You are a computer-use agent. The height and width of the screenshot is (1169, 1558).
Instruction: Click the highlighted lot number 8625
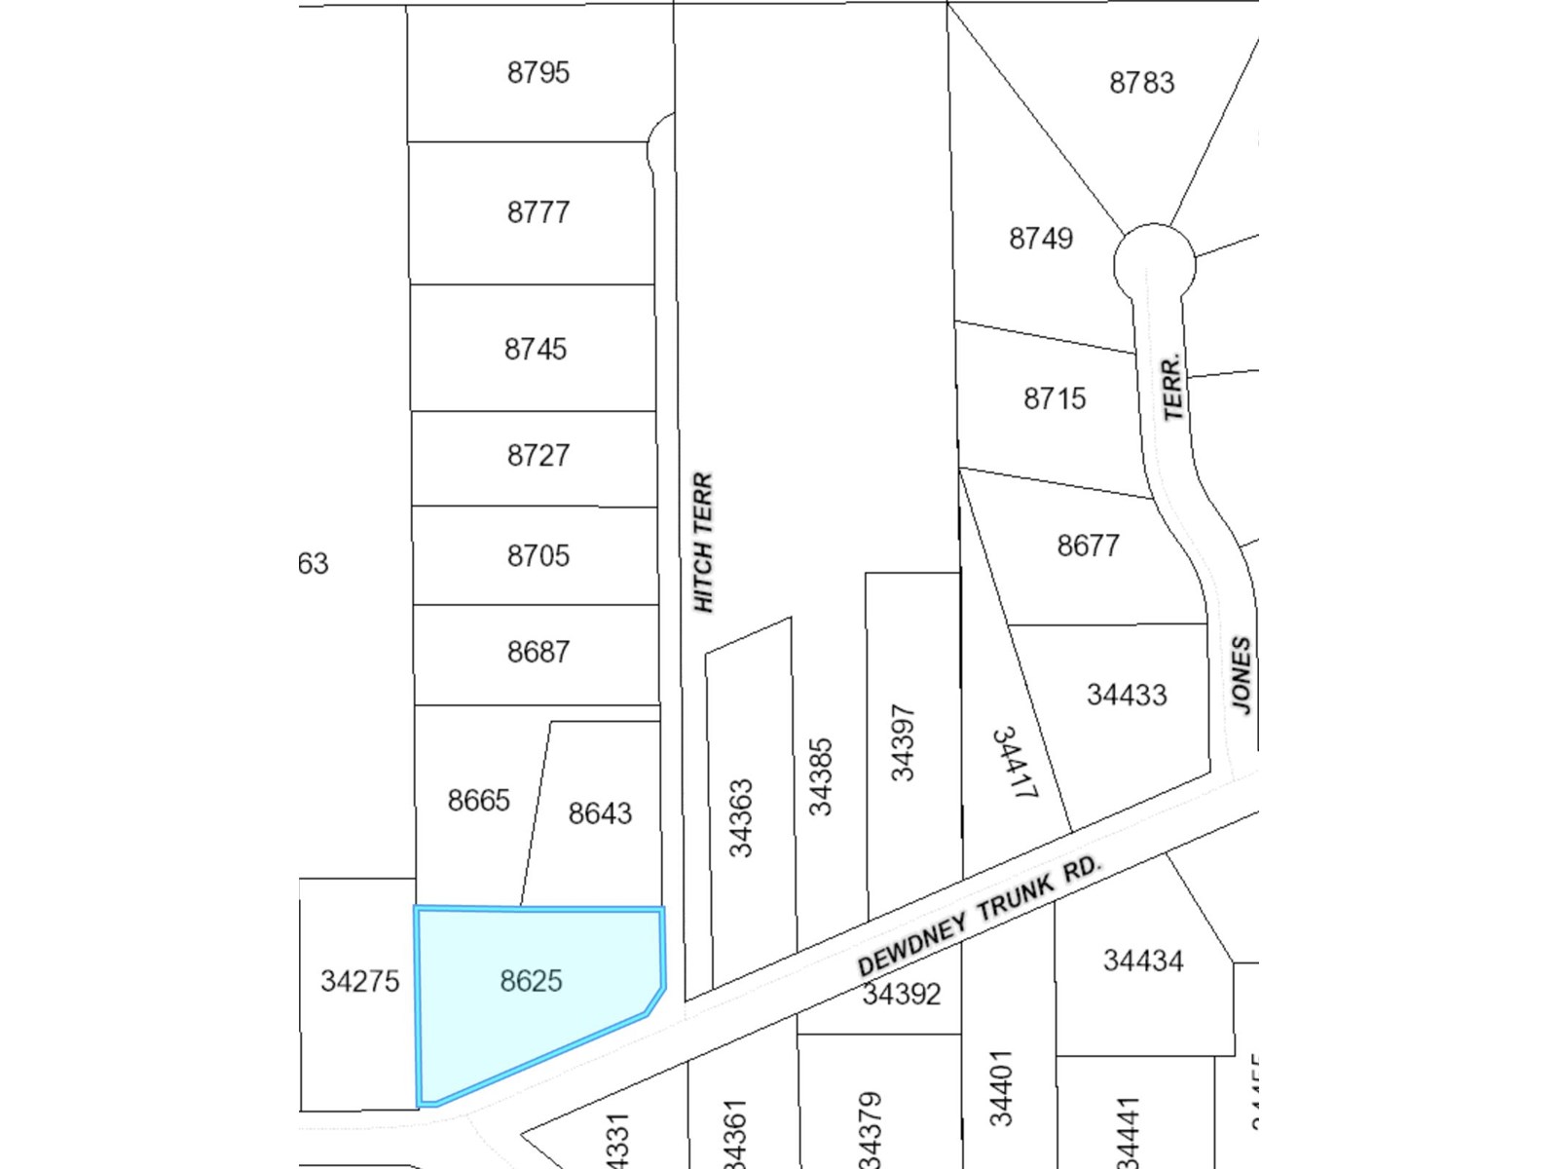531,980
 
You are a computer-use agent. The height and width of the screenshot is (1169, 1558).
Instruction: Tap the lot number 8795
538,72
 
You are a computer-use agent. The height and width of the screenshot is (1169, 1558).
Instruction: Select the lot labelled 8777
538,211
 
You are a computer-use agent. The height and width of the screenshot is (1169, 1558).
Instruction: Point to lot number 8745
535,349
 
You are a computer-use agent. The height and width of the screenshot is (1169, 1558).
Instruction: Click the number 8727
538,455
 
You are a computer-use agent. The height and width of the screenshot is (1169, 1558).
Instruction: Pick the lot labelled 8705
538,555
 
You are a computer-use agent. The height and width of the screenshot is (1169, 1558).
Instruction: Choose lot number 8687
538,651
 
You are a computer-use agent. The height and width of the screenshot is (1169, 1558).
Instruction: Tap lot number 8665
478,800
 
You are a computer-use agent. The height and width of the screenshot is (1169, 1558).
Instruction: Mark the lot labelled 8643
600,812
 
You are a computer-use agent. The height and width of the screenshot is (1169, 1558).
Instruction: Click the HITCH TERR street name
703,543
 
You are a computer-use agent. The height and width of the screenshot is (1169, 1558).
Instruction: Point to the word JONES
1241,674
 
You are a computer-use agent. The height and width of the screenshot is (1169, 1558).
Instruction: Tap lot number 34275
359,980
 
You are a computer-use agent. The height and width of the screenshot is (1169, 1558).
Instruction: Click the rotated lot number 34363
741,817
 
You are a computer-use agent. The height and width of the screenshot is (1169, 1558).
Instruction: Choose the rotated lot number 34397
903,742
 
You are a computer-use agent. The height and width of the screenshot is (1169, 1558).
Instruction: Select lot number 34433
1126,695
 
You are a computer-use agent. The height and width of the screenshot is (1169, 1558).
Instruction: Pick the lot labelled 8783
1141,83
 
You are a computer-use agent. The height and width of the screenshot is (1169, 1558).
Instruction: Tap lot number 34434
1142,961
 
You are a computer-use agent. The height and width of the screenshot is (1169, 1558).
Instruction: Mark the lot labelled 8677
1088,545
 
